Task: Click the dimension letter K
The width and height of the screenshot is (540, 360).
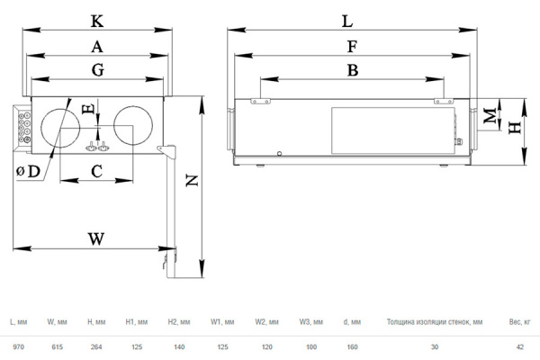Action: pos(97,22)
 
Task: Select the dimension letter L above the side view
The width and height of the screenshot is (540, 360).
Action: pos(347,22)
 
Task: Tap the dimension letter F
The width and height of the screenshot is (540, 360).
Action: pos(352,47)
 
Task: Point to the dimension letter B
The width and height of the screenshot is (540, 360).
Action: pos(353,70)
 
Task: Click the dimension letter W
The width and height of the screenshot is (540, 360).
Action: pos(96,238)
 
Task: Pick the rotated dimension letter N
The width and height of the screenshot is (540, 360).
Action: pos(192,181)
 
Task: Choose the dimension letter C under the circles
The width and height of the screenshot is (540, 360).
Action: pos(97,171)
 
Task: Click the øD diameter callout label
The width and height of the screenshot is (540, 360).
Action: pos(29,171)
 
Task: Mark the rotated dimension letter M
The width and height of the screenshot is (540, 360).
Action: pos(490,116)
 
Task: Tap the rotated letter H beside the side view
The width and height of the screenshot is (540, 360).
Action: pos(515,128)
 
